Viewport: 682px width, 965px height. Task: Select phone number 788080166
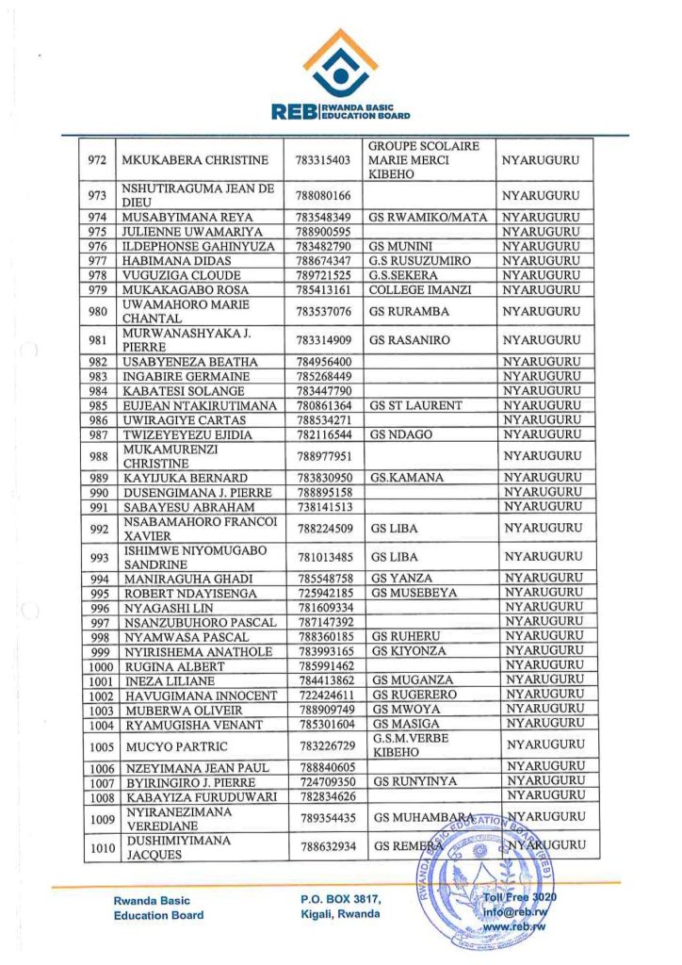323,195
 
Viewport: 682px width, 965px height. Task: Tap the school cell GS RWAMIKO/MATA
428,218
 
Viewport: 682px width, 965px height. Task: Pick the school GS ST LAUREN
416,405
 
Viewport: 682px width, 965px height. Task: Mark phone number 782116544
323,433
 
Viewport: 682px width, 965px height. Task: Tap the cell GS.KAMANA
407,478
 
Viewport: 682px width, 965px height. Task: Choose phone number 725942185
323,593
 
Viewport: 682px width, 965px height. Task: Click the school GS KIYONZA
410,650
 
